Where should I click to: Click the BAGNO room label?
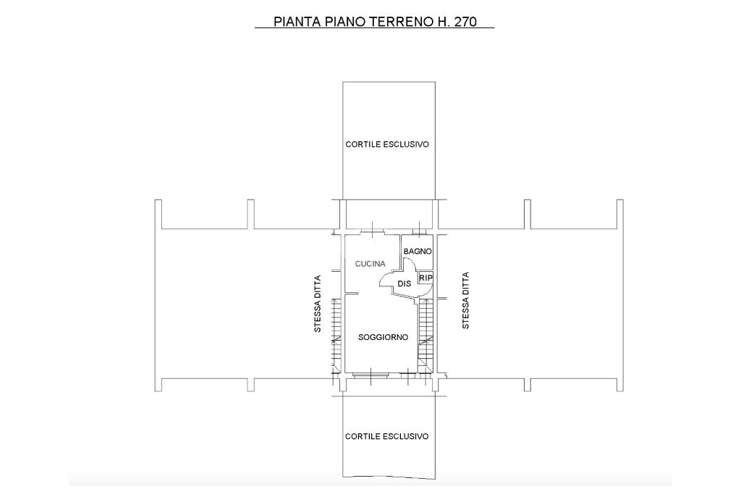coord(418,251)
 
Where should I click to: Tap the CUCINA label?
coord(370,263)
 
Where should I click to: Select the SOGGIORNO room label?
coord(383,337)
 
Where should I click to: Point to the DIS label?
coord(404,284)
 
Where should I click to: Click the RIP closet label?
coord(425,278)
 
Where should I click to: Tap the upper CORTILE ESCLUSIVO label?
coord(387,144)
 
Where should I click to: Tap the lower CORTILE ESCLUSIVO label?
coord(386,436)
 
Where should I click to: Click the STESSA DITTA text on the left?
coord(318,304)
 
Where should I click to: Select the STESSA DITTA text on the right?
coord(465,300)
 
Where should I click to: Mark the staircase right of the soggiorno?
coord(425,336)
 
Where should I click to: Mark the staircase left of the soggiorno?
coord(337,336)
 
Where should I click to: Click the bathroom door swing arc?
coord(408,266)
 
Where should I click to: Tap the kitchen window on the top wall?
coord(373,231)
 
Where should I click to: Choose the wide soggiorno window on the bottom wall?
coord(371,375)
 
